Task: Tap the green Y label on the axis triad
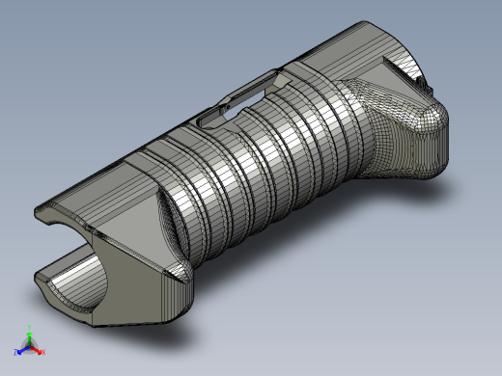tap(30, 328)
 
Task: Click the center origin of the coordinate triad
tap(30, 345)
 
